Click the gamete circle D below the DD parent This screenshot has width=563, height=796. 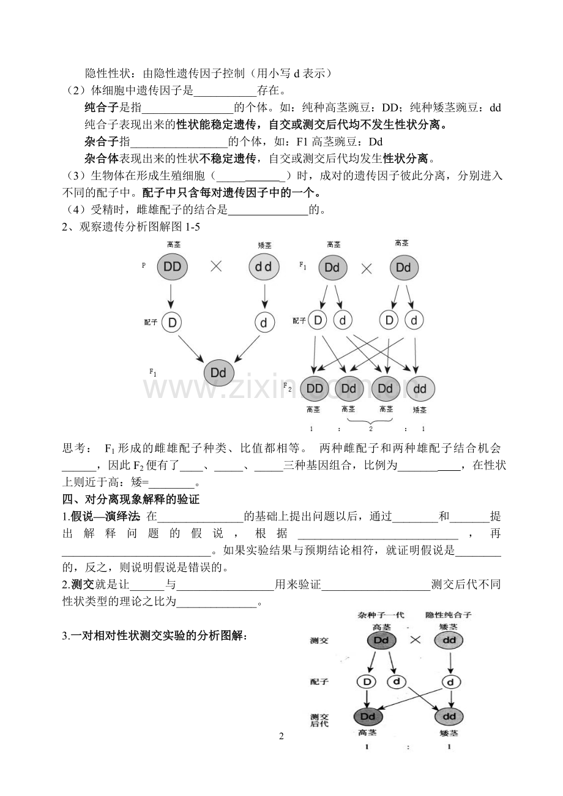coord(172,323)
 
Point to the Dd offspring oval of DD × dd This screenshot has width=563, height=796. coord(218,372)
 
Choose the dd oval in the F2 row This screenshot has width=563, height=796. coord(419,388)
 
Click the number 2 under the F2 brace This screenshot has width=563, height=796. coord(370,429)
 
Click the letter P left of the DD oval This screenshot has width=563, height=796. coord(144,266)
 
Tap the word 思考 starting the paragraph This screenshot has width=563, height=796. coord(75,448)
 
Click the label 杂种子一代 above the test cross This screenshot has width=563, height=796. coord(381,614)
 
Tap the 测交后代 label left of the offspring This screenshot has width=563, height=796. coord(319,719)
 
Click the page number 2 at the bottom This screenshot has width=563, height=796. coord(281,736)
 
